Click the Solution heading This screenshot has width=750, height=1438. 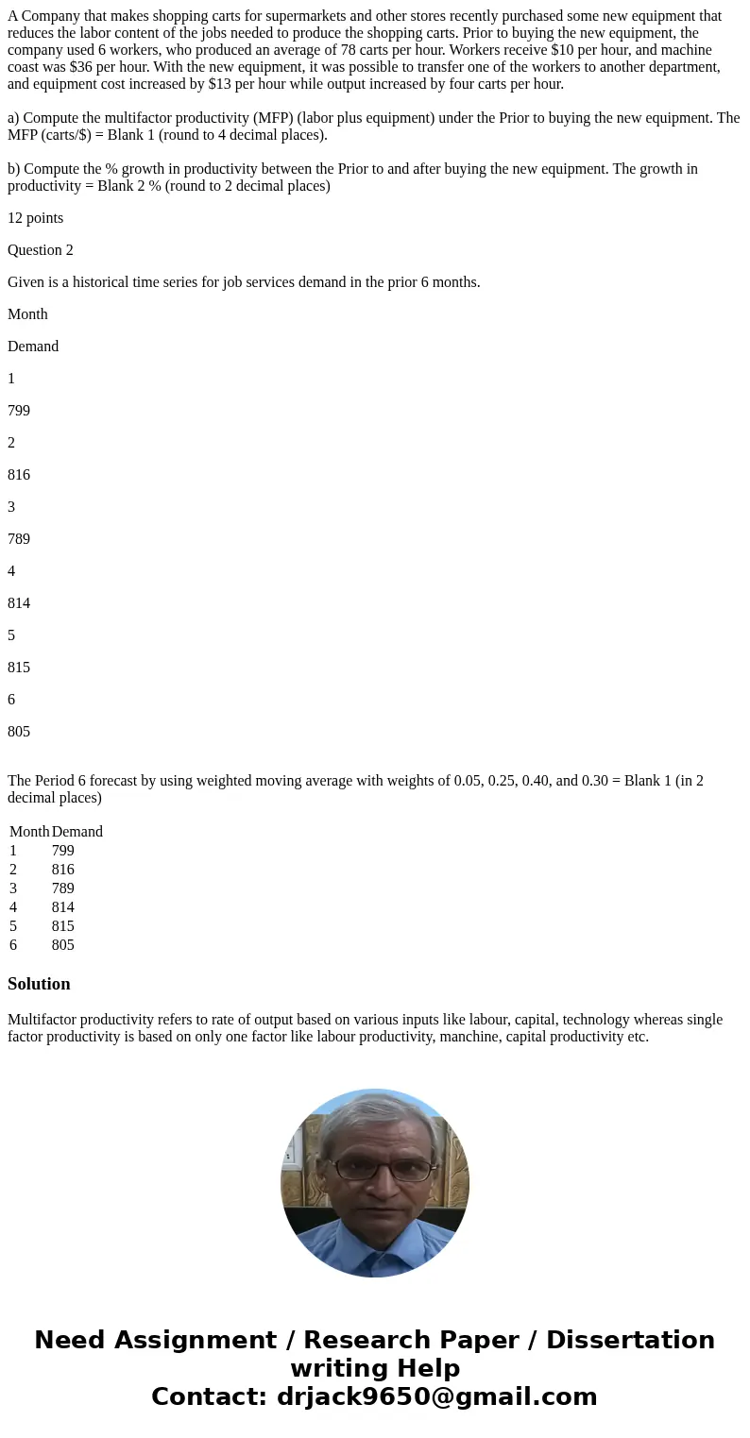pos(39,984)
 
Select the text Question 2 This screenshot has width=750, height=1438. pos(41,250)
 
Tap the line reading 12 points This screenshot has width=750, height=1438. pos(36,218)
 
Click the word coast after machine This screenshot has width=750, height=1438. pos(26,67)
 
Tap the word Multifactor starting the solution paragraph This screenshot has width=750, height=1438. pos(43,1020)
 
